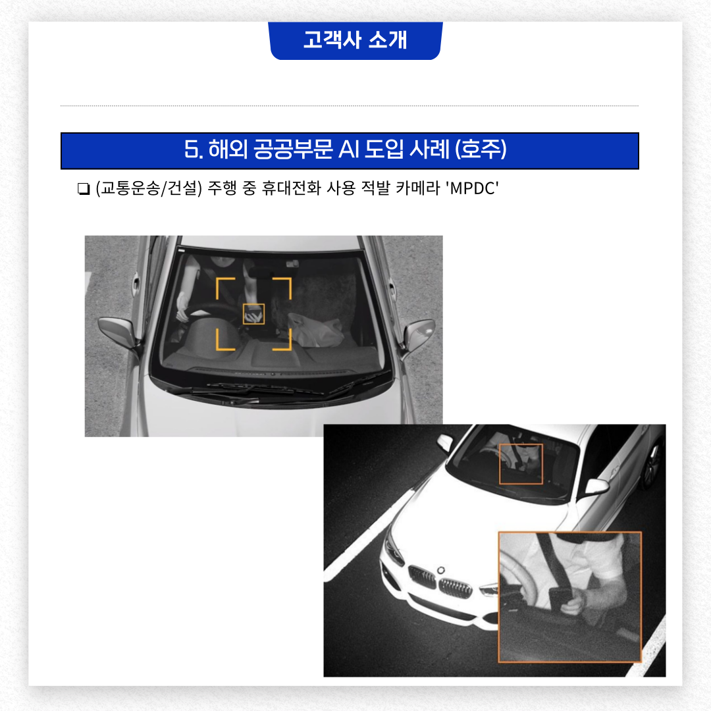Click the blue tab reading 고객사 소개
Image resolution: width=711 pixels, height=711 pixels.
click(355, 40)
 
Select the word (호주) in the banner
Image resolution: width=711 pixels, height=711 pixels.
click(481, 149)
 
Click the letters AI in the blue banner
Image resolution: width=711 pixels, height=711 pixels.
click(349, 149)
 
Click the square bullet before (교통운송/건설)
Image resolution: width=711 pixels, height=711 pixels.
click(84, 189)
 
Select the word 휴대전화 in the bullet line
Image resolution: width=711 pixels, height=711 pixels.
click(291, 188)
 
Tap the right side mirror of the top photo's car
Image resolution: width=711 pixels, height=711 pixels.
click(419, 333)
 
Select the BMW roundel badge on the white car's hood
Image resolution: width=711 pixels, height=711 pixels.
click(440, 570)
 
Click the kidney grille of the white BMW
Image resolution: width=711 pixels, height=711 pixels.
click(440, 582)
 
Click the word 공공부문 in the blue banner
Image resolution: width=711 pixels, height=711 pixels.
click(294, 149)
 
